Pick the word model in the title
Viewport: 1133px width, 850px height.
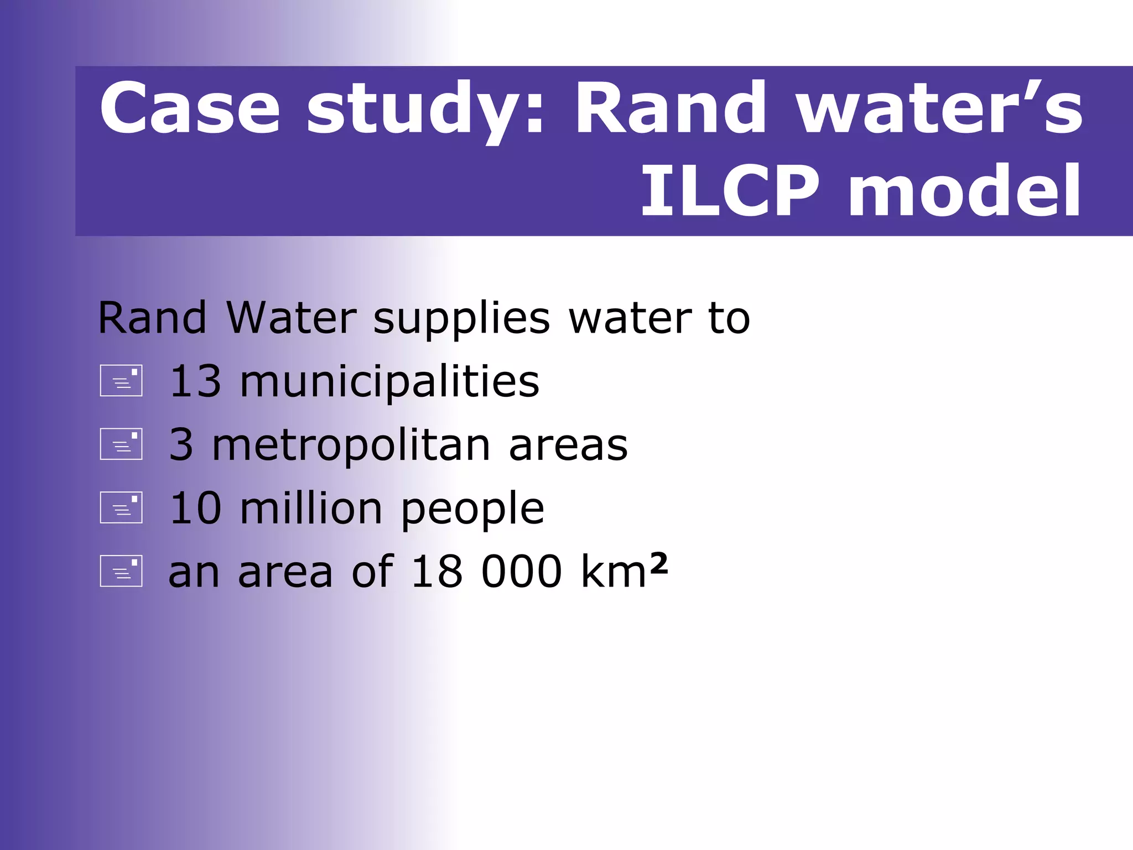(964, 191)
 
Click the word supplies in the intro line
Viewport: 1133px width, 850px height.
(461, 320)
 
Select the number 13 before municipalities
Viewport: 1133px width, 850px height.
(195, 381)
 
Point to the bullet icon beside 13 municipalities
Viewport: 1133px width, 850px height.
(121, 381)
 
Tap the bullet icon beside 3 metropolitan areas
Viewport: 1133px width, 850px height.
(121, 444)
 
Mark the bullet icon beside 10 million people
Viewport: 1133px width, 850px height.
(121, 507)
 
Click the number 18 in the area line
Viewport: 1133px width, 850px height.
(436, 572)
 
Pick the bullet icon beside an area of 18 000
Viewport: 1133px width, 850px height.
(121, 571)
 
